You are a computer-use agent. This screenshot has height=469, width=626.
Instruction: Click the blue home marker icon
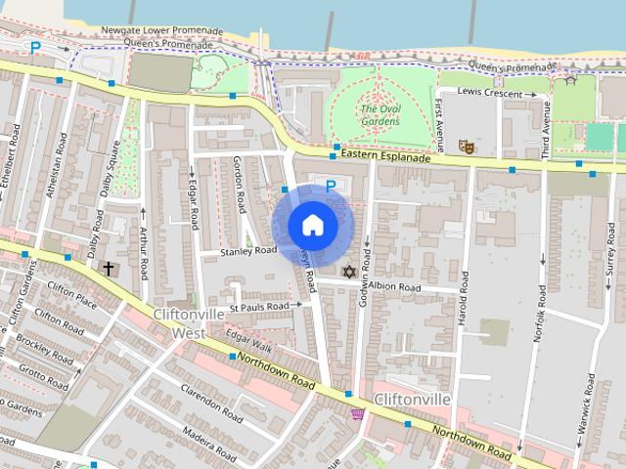pyautogui.click(x=312, y=226)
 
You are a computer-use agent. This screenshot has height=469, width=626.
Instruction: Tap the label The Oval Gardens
pyautogui.click(x=380, y=115)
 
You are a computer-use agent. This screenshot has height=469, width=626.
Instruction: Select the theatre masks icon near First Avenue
pyautogui.click(x=467, y=147)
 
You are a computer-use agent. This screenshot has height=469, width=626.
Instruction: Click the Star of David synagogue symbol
pyautogui.click(x=348, y=271)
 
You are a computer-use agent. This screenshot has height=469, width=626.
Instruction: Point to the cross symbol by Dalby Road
pyautogui.click(x=108, y=267)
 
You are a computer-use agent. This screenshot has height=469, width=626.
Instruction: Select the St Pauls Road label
pyautogui.click(x=259, y=307)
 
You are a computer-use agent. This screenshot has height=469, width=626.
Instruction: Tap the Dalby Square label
pyautogui.click(x=112, y=169)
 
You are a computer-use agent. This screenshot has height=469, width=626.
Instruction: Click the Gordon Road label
pyautogui.click(x=240, y=187)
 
